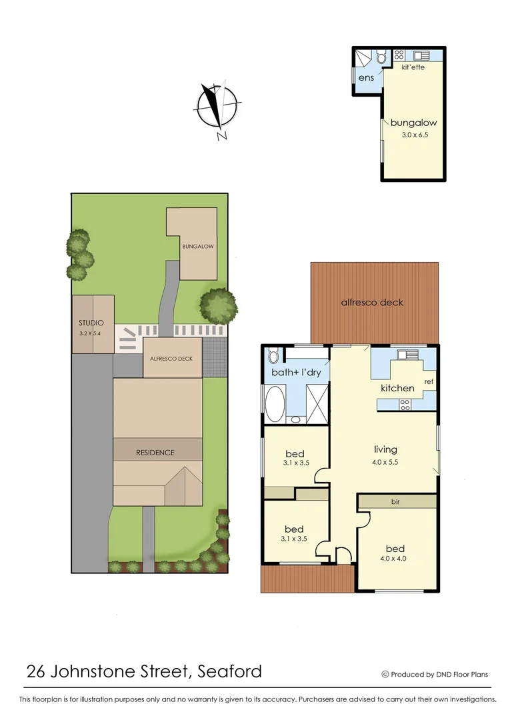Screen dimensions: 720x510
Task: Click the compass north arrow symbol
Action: tap(217, 107)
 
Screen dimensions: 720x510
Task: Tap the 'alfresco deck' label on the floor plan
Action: tap(372, 302)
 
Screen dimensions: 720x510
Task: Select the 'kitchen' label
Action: tap(397, 387)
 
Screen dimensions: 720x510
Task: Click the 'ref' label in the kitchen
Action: tap(428, 382)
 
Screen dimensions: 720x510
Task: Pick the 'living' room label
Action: tap(385, 449)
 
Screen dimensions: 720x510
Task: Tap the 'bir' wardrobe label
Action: tap(397, 500)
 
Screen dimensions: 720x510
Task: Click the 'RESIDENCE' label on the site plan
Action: tap(155, 452)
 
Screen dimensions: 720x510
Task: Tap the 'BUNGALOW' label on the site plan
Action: tap(197, 246)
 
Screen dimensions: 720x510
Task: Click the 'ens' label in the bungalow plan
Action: tap(366, 79)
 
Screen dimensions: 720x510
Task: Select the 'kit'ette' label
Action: tap(414, 67)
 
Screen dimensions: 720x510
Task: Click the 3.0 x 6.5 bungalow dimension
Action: tap(413, 135)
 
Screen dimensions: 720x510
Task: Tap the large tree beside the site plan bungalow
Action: tap(218, 306)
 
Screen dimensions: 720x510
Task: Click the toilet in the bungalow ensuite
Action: tap(381, 58)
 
